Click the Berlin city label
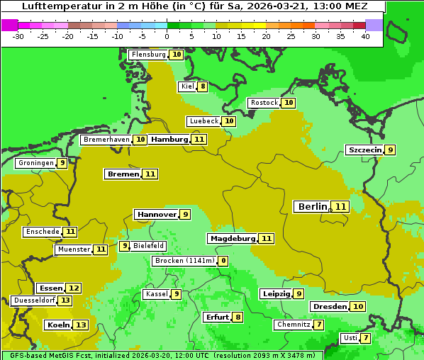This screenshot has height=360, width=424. tap(312, 207)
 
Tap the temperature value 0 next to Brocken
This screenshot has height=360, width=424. tap(223, 261)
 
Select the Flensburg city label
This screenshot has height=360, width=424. tap(148, 55)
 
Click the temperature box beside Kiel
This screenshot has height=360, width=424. tap(203, 87)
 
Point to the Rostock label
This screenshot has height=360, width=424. tap(264, 103)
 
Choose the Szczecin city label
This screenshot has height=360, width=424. tap(364, 150)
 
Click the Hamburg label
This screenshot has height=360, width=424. tap(169, 140)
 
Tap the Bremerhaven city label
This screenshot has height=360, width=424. tap(106, 140)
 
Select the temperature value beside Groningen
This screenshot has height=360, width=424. tap(62, 163)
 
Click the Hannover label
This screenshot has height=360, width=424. tap(156, 214)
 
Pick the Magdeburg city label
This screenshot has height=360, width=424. tap(232, 238)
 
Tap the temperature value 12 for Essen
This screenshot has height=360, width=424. tap(74, 288)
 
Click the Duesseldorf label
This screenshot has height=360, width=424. tap(34, 300)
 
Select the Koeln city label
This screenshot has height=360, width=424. tap(57, 325)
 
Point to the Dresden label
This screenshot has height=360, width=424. tap(330, 306)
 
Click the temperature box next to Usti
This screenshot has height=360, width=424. tap(366, 338)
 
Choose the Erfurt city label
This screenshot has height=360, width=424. tap(216, 317)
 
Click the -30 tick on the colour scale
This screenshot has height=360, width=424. tap(18, 36)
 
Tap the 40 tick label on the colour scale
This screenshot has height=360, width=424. tap(365, 36)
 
